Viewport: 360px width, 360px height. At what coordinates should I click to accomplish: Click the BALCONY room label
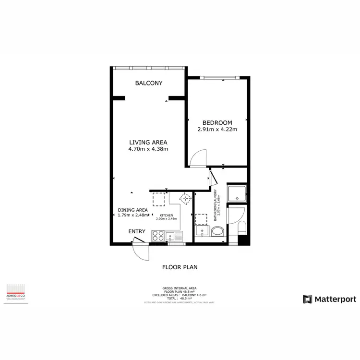(148, 83)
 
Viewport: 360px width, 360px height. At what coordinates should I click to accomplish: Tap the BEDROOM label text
(217, 122)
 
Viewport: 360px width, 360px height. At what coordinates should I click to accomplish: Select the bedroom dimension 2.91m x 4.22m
(217, 130)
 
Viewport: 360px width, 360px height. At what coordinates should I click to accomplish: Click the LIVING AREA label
(148, 142)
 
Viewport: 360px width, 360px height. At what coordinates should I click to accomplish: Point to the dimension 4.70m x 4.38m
(148, 149)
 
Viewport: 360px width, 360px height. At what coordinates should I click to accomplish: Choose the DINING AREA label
(132, 210)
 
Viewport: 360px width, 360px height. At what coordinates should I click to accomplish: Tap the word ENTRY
(137, 231)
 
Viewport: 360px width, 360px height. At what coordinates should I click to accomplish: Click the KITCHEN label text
(166, 216)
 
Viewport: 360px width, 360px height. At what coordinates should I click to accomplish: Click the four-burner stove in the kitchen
(157, 235)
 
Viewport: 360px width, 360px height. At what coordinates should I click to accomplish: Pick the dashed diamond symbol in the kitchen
(185, 198)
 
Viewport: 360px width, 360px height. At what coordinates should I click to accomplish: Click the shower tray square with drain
(236, 193)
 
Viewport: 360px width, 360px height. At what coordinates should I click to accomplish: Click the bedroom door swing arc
(198, 158)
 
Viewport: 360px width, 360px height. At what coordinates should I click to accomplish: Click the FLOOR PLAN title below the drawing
(180, 267)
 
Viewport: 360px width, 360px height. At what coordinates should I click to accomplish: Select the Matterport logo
(329, 299)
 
